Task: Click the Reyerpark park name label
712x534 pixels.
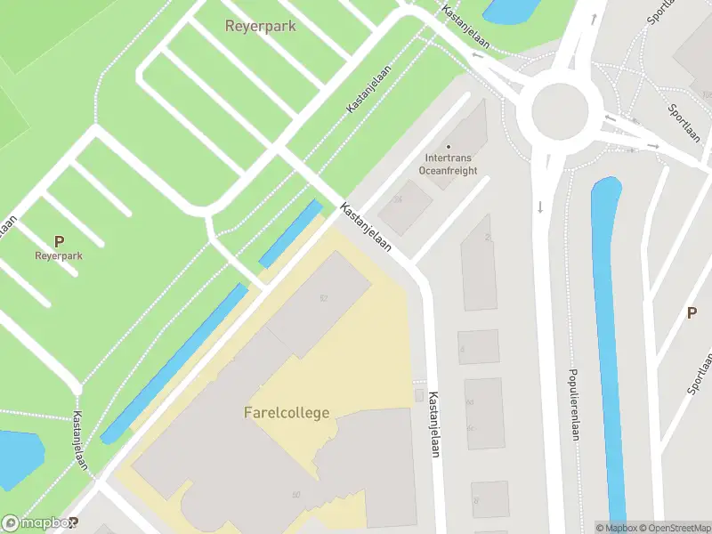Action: coord(260,26)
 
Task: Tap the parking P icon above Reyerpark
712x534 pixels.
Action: coord(59,240)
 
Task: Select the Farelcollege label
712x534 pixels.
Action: coord(287,413)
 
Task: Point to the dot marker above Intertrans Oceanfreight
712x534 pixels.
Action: coord(449,147)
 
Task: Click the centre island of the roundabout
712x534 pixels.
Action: coord(561,112)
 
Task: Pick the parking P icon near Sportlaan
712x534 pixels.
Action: coord(692,312)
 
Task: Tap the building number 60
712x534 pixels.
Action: coord(295,495)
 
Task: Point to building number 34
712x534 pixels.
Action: coord(398,199)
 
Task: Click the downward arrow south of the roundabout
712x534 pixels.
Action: coord(540,207)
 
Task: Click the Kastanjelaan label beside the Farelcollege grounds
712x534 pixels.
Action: coord(433,425)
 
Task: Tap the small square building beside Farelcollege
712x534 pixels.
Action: coord(420,394)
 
